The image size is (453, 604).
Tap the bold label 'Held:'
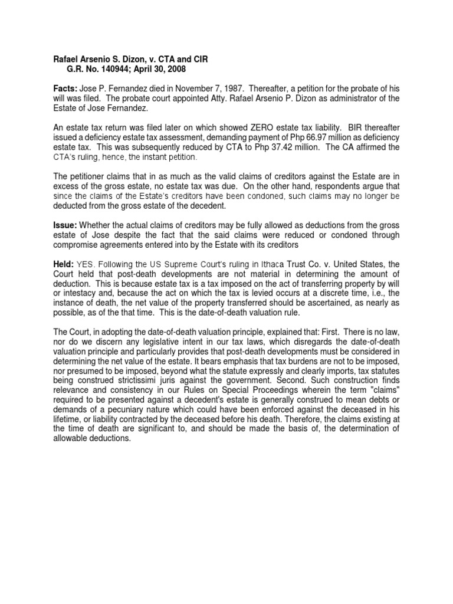[x=60, y=265]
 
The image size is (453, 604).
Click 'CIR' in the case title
[x=198, y=59]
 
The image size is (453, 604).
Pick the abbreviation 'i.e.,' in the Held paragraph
[x=359, y=294]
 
